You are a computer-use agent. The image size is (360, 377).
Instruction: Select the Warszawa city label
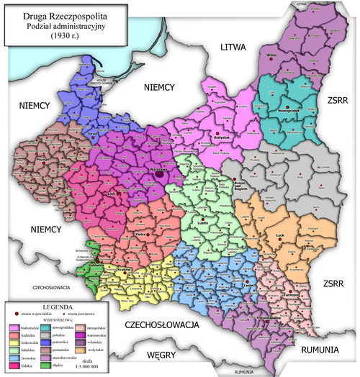(158, 170)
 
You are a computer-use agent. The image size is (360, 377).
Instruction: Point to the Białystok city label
(218, 137)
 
